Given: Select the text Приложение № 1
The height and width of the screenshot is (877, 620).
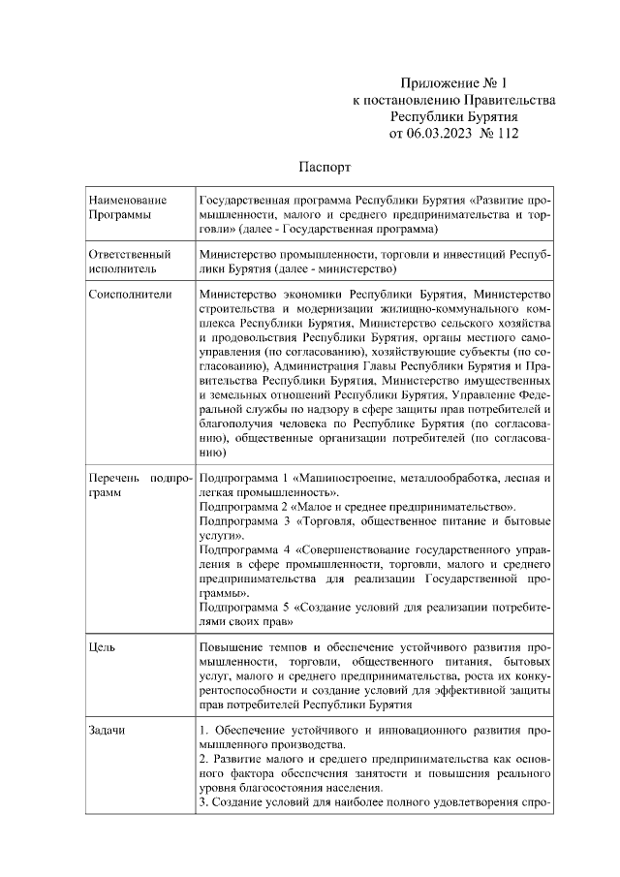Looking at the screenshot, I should pyautogui.click(x=452, y=84).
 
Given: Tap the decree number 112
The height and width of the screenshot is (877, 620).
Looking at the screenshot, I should pyautogui.click(x=506, y=133).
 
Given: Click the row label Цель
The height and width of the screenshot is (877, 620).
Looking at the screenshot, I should pyautogui.click(x=102, y=646).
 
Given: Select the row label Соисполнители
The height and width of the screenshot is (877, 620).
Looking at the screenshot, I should pyautogui.click(x=130, y=294).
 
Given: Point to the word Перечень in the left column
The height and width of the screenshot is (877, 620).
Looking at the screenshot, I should pyautogui.click(x=115, y=478).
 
